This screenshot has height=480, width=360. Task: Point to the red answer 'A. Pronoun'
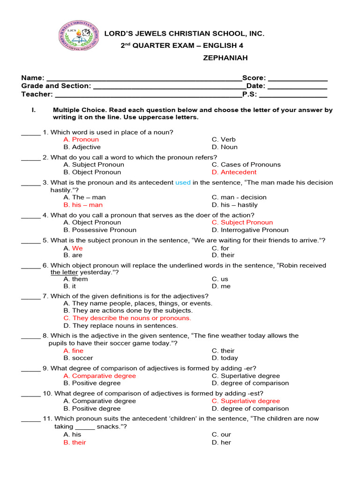tap(81, 139)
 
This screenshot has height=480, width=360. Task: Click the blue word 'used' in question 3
tap(183, 182)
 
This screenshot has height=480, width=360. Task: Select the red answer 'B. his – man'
tap(83, 205)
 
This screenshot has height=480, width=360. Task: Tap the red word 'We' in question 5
tap(77, 248)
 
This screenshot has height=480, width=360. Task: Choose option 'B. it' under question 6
tap(69, 286)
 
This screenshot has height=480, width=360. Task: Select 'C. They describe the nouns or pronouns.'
tap(127, 318)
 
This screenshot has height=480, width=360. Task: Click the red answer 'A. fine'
tap(73, 351)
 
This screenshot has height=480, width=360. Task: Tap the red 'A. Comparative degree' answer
tap(99, 376)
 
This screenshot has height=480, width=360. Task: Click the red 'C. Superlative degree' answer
tap(246, 401)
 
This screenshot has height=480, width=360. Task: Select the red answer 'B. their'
tap(75, 442)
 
